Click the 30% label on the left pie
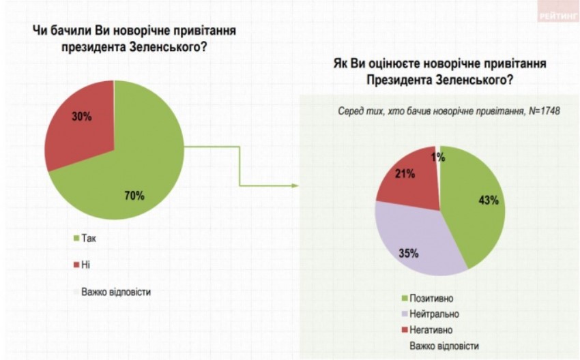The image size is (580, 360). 82,116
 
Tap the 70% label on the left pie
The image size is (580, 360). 134,196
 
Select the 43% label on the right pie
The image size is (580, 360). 489,200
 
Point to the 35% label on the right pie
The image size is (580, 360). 409,254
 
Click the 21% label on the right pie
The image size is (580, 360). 405,175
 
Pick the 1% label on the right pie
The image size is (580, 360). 438,157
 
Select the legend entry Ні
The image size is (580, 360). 85,265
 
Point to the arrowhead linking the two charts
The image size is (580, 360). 296,185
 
